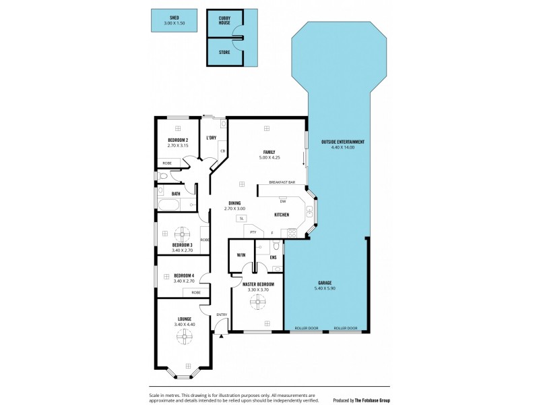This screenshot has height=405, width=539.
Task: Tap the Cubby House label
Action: tap(224, 20)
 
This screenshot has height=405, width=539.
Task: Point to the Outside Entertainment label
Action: tap(343, 142)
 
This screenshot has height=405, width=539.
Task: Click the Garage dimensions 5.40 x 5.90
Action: tap(325, 289)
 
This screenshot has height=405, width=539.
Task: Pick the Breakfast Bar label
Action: tap(282, 182)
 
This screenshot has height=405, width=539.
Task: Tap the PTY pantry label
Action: tap(253, 233)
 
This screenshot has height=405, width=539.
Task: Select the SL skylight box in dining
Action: tap(240, 218)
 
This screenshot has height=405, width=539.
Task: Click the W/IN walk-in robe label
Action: tap(241, 256)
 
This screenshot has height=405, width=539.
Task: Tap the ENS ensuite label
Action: tap(274, 257)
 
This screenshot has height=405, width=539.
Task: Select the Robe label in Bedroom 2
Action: tap(166, 163)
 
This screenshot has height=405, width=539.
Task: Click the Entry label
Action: tap(222, 315)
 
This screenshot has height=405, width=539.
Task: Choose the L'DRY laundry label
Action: tap(211, 138)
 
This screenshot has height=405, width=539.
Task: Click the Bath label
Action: tap(175, 194)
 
